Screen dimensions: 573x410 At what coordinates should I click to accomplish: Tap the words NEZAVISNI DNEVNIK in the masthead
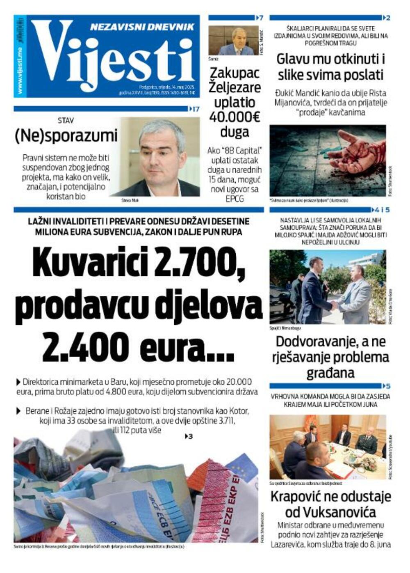142,27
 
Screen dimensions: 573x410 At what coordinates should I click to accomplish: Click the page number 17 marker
194,109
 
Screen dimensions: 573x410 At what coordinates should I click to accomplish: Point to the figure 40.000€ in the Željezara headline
235,117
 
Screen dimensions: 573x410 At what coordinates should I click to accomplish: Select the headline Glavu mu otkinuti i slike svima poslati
330,67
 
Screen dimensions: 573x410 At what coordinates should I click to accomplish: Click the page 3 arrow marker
189,436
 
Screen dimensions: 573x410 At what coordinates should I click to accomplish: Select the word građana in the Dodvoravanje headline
330,373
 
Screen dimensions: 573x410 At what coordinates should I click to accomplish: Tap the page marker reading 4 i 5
380,210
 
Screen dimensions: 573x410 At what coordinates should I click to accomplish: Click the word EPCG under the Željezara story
235,199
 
